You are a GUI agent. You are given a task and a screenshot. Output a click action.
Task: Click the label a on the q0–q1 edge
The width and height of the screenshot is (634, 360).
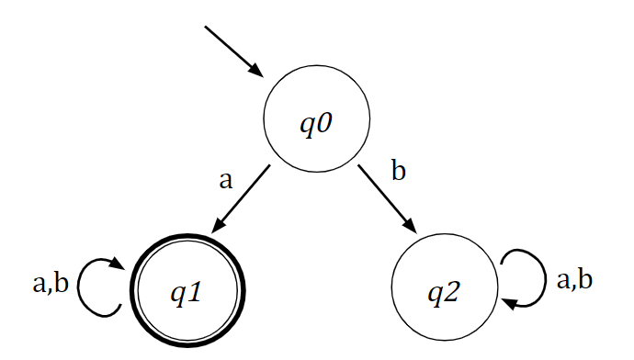[x=225, y=179]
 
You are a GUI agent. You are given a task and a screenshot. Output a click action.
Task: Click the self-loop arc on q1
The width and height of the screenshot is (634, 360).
[x=85, y=287]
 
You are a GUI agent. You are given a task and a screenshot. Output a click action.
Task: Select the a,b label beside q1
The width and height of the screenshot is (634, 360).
[x=50, y=285]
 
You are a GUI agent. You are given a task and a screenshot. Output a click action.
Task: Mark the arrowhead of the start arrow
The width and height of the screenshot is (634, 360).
[x=256, y=71]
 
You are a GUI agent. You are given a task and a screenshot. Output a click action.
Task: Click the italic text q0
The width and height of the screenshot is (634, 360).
[x=316, y=122]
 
